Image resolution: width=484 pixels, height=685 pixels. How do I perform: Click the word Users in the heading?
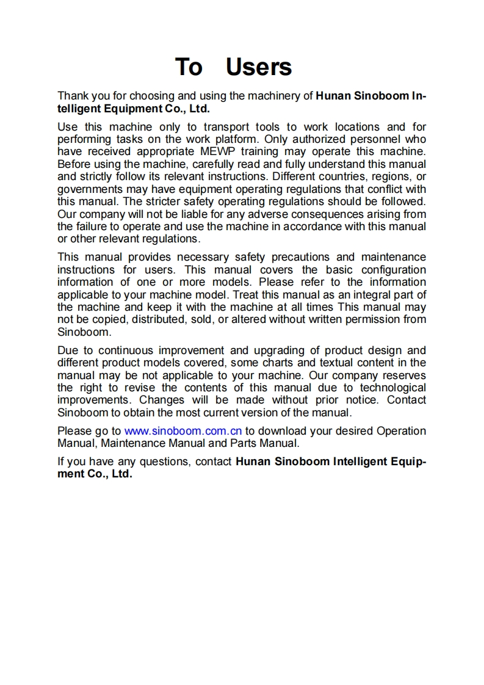pyautogui.click(x=259, y=67)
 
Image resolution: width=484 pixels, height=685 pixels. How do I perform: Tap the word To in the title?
pyautogui.click(x=189, y=67)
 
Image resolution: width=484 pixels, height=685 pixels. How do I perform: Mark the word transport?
pyautogui.click(x=226, y=127)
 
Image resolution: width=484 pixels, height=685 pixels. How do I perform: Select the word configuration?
pyautogui.click(x=393, y=269)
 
